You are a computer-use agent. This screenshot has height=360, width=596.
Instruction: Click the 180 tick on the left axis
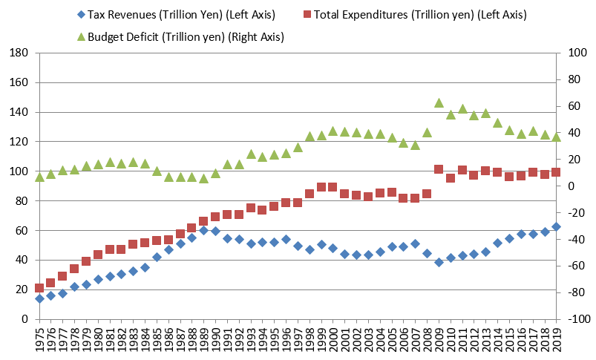click(20, 53)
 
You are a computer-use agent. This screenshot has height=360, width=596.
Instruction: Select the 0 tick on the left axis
click(25, 319)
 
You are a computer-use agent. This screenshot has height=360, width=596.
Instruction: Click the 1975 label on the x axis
click(39, 340)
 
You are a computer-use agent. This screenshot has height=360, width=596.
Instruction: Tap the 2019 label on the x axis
click(557, 340)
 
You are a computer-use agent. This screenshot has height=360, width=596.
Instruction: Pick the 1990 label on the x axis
click(216, 340)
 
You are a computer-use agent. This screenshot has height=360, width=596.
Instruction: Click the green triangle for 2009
click(439, 102)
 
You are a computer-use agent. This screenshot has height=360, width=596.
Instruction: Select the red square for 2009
click(439, 169)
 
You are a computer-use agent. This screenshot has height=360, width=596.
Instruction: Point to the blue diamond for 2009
click(439, 262)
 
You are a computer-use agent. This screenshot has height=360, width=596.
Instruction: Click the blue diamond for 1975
click(39, 298)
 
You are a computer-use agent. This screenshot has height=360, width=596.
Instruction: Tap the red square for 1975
click(39, 288)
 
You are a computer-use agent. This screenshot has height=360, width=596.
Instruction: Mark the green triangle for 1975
click(39, 177)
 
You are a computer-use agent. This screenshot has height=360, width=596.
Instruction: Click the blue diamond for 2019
click(557, 226)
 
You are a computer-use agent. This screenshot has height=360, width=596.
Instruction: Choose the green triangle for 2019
click(557, 137)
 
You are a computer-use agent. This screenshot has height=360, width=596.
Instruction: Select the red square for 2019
click(557, 172)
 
